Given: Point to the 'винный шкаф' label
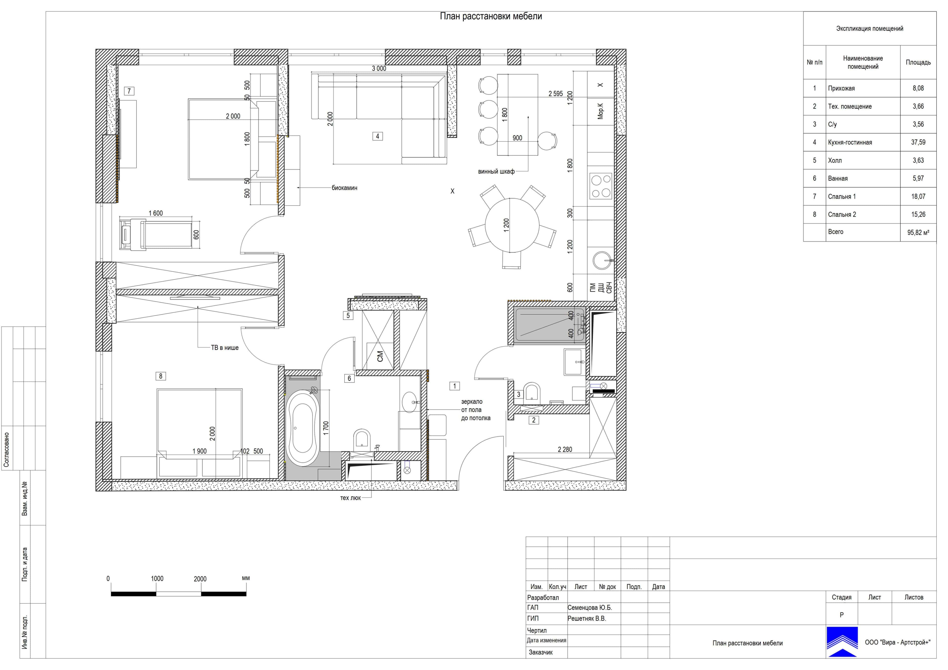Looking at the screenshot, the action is [x=496, y=171].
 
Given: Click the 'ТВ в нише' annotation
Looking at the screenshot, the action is [x=225, y=348].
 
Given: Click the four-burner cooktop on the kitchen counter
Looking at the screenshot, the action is [x=601, y=186].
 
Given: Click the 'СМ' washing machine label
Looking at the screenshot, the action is [x=380, y=356].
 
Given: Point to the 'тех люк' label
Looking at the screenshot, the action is [x=351, y=498].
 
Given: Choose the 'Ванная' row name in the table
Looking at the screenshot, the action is [x=838, y=178].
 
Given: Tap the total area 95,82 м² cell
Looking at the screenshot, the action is [x=918, y=232].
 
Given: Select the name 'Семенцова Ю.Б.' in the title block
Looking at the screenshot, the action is [x=590, y=608].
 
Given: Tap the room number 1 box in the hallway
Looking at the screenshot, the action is [x=454, y=386].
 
